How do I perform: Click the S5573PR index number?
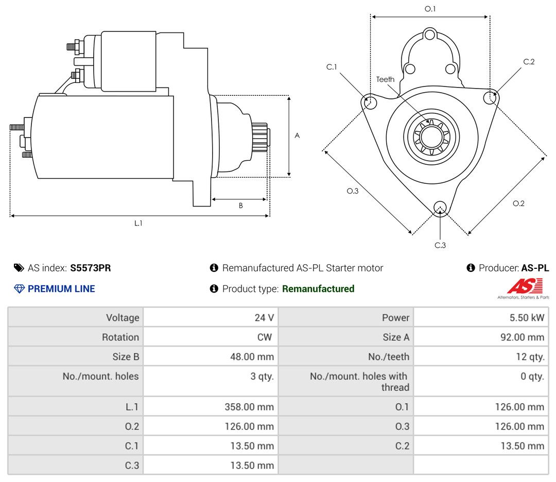pyautogui.click(x=91, y=268)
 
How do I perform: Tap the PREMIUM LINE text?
pyautogui.click(x=61, y=289)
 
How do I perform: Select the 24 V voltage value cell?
pyautogui.click(x=264, y=317)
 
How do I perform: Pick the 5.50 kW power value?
pyautogui.click(x=527, y=317)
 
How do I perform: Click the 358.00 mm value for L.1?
pyautogui.click(x=249, y=407)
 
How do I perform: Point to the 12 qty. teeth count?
pyautogui.click(x=530, y=357)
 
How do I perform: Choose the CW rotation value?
pyautogui.click(x=265, y=337)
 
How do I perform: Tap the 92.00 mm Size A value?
pyautogui.click(x=522, y=337)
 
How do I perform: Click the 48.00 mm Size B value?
pyautogui.click(x=252, y=356)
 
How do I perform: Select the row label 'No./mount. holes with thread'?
pyautogui.click(x=359, y=382)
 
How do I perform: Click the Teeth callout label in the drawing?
pyautogui.click(x=385, y=79)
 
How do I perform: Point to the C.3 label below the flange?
pyautogui.click(x=440, y=245)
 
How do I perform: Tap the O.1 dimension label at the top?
pyautogui.click(x=430, y=9)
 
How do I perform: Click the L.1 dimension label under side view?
pyautogui.click(x=138, y=223)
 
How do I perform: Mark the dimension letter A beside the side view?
pyautogui.click(x=297, y=135)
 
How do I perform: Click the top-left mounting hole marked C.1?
pyautogui.click(x=370, y=101)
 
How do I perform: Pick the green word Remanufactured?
pyautogui.click(x=318, y=289)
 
